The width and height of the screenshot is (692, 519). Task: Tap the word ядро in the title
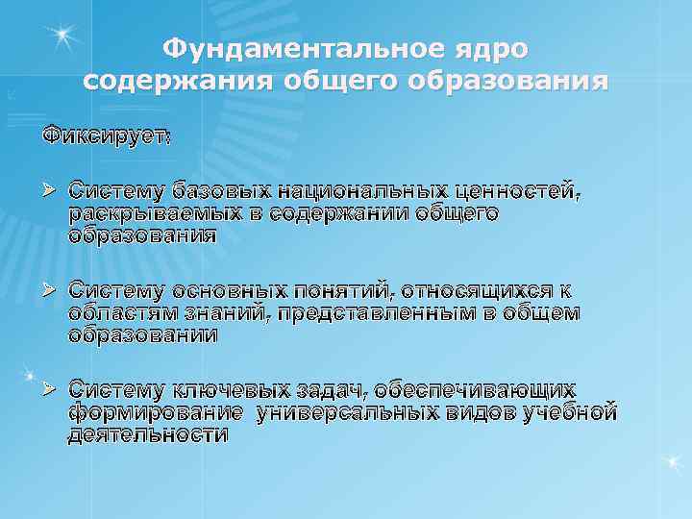tap(497, 47)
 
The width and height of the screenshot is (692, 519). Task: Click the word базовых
tap(210, 190)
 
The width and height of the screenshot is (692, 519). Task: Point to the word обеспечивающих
tap(476, 390)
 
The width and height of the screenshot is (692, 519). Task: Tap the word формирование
tap(155, 413)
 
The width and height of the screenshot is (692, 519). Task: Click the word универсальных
tap(364, 413)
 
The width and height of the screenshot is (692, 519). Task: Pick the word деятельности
tap(148, 434)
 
